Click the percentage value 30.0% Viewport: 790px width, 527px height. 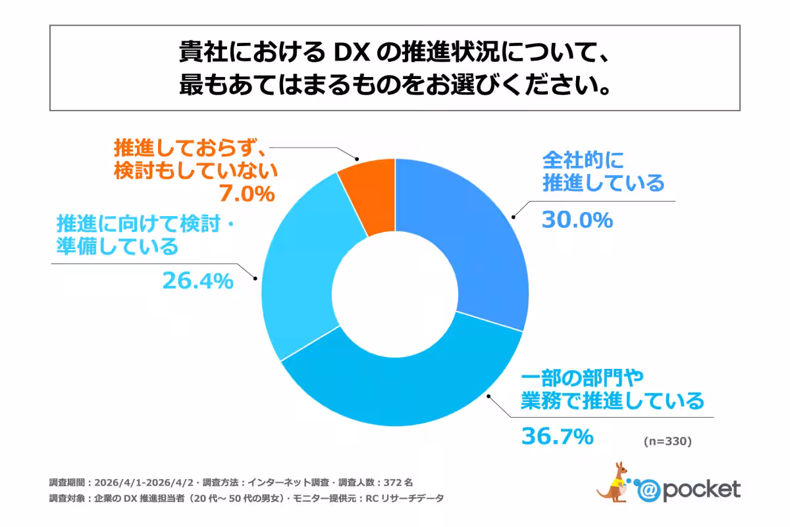pos(577,219)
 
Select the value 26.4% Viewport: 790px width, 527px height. pos(197,281)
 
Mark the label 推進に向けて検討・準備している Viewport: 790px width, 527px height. pos(145,235)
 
